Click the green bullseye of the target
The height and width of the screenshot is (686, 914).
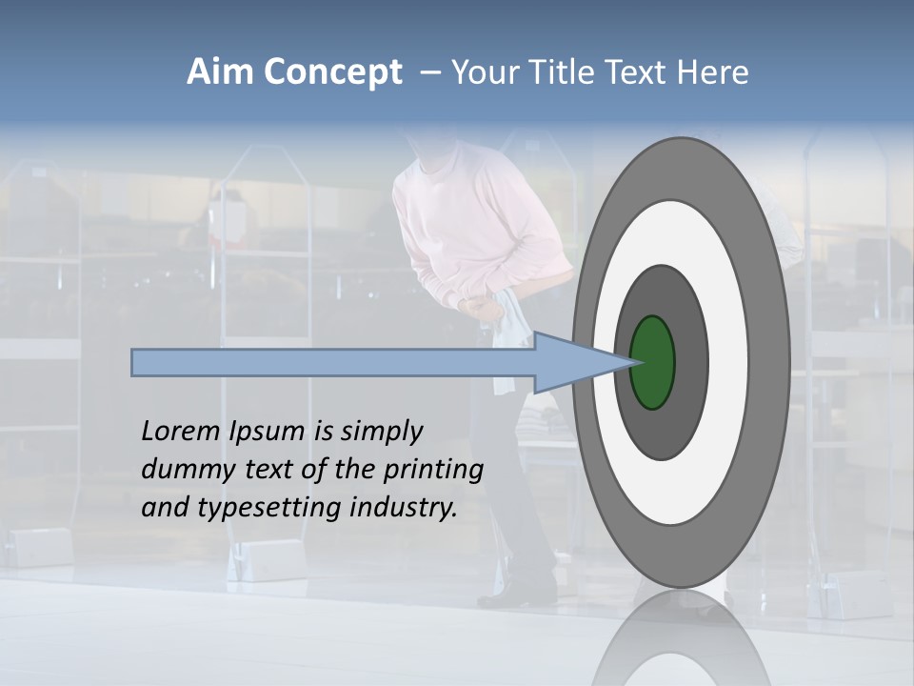pos(653,362)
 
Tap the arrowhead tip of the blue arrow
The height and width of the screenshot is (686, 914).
pos(631,362)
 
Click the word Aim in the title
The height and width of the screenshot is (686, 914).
pos(221,72)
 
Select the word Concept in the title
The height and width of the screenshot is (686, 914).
pos(332,72)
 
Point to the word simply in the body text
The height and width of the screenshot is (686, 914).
pos(382,433)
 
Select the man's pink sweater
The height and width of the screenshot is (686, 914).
pos(476,229)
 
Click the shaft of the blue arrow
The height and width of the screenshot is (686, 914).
pos(333,362)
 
